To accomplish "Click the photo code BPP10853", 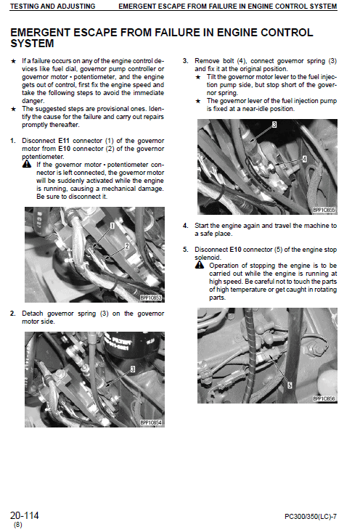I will click(x=150, y=298).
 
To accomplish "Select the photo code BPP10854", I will click(x=150, y=422).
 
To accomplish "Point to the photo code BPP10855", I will click(x=324, y=210).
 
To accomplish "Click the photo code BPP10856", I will click(x=324, y=398).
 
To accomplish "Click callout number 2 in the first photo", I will click(x=127, y=246).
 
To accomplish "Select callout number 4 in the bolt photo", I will click(x=304, y=157).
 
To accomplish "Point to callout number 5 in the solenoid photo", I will click(x=290, y=385).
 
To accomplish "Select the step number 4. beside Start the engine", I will click(x=186, y=226).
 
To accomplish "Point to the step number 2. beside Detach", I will click(x=13, y=314).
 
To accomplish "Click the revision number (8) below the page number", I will click(x=17, y=524).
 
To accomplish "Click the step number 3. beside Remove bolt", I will click(x=186, y=60).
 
